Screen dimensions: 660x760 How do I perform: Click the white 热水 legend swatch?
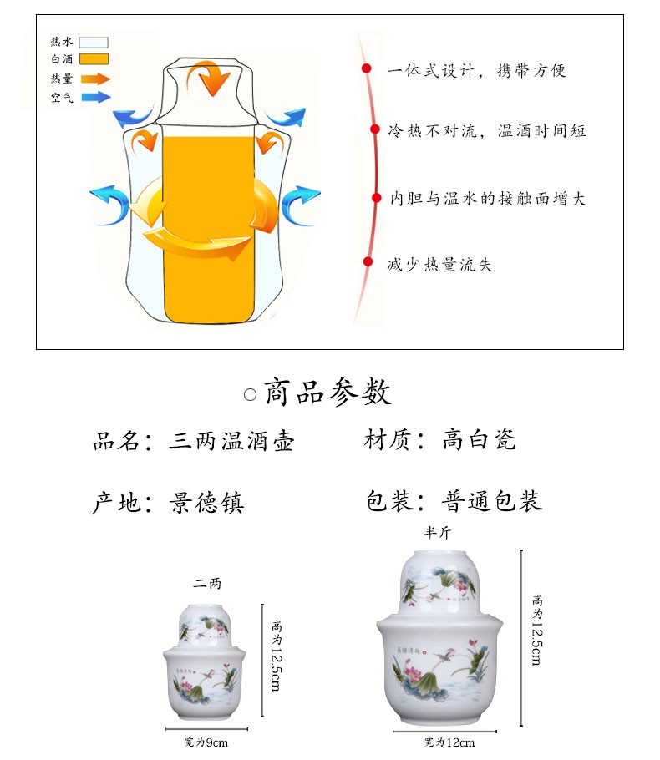[94, 42]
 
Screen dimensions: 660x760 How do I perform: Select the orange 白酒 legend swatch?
[94, 59]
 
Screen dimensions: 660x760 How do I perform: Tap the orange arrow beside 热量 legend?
[95, 79]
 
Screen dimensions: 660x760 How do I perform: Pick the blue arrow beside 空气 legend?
[95, 97]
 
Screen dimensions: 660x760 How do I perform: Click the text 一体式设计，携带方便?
[477, 70]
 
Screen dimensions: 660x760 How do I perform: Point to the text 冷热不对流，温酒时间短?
[488, 131]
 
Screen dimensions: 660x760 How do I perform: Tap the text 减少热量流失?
[440, 265]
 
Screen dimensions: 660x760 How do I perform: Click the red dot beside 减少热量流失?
[368, 261]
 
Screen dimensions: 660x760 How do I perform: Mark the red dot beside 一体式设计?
[366, 68]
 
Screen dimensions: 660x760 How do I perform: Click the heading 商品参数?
[327, 392]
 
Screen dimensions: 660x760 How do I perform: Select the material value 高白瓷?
[479, 439]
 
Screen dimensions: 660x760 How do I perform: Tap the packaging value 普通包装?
[492, 501]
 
